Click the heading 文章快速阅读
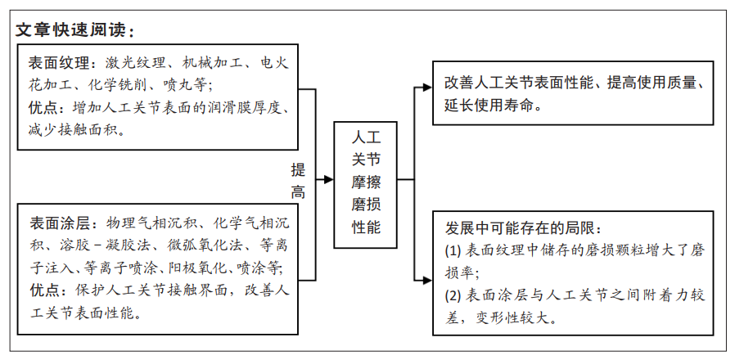[71, 30]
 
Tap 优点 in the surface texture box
[43, 108]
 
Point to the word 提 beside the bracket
[298, 169]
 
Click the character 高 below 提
[298, 191]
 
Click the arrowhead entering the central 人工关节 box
[328, 179]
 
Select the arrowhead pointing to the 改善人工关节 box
[427, 88]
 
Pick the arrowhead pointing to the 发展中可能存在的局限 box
[427, 281]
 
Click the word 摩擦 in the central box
[366, 182]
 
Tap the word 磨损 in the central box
[366, 205]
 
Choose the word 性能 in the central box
[366, 227]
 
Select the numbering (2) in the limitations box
[453, 295]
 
